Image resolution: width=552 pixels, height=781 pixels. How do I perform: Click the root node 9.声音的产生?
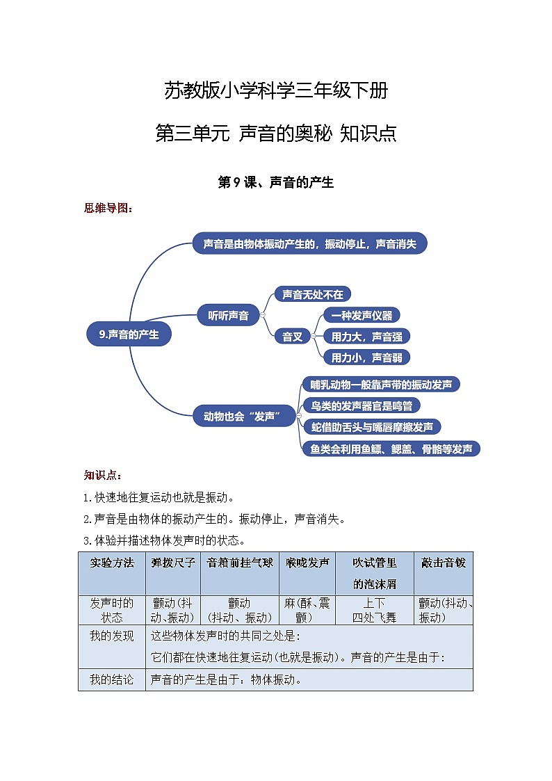point(129,335)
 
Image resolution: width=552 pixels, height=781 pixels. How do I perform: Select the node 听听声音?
point(228,315)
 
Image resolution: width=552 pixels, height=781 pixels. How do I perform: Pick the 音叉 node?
point(292,337)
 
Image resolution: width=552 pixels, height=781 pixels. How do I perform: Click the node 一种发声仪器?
point(362,315)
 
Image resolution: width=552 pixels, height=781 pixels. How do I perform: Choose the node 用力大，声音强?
point(366,337)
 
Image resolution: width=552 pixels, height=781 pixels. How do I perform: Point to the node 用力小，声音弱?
point(366,357)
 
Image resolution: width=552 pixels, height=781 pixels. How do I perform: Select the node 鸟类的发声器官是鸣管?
point(361,405)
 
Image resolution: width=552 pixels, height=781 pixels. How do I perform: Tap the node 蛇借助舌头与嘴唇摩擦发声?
point(372,427)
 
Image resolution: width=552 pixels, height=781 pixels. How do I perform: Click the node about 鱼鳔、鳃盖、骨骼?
point(391,449)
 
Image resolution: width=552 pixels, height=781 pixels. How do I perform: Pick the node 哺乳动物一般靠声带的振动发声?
point(381,385)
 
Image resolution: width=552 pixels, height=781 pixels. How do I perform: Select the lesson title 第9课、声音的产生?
point(276,183)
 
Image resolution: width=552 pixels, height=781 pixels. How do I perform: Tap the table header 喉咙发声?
point(307,563)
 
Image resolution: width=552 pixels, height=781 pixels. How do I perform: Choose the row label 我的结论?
point(111,679)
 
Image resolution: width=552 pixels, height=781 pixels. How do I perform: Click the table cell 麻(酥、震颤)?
point(307,610)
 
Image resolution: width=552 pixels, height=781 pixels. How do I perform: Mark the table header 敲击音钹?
point(444,563)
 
